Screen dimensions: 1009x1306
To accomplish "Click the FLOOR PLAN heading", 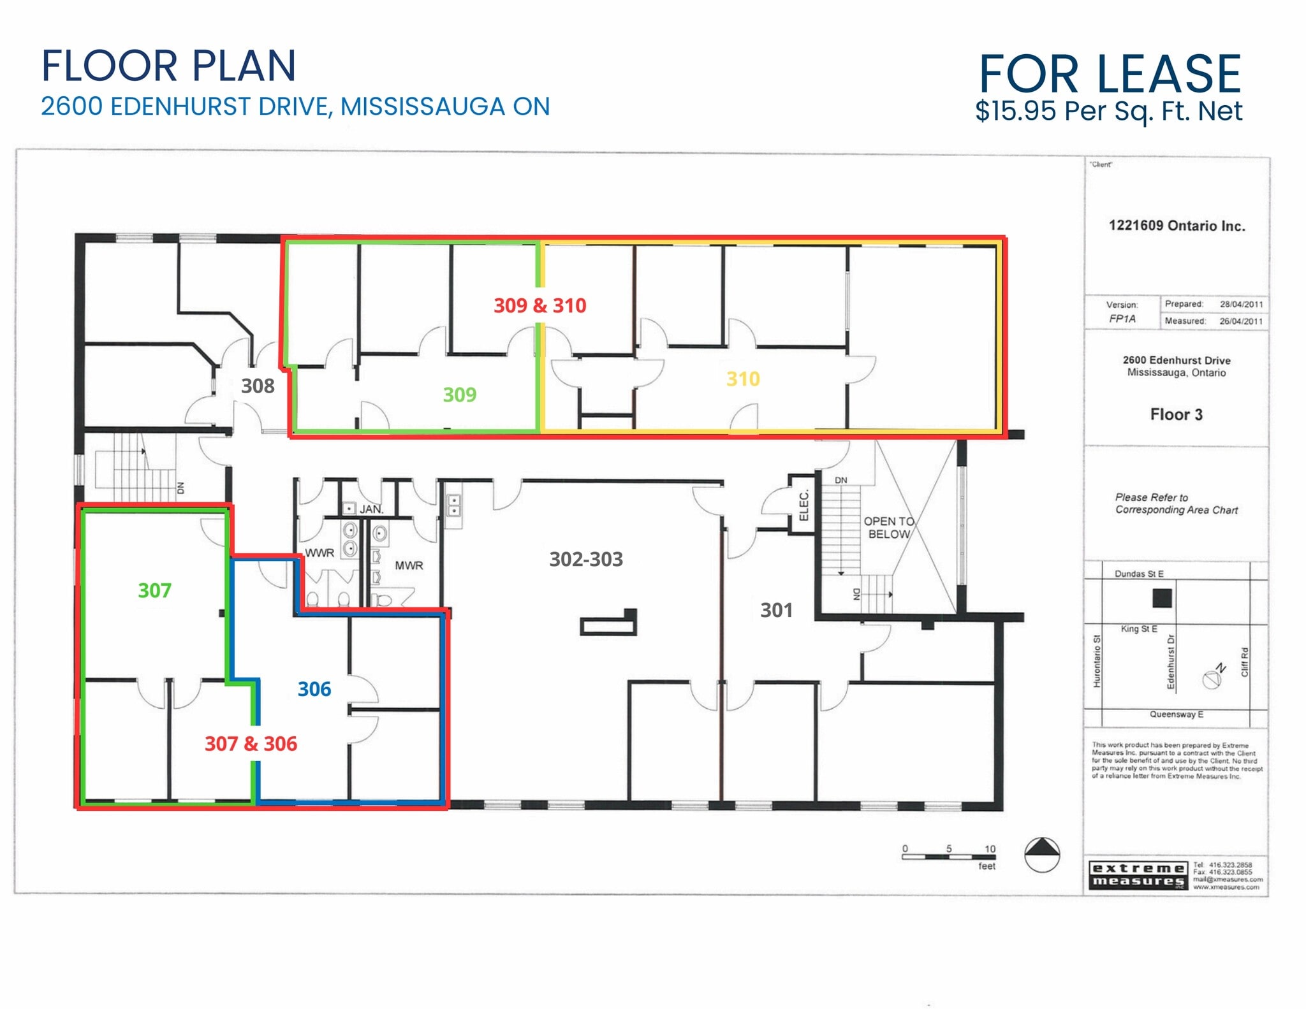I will coord(168,66).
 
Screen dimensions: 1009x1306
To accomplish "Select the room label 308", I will coord(258,386).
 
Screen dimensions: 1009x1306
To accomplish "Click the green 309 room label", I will coord(459,395).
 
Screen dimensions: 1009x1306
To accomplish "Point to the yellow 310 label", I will coord(743,379).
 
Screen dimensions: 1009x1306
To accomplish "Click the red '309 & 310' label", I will coord(539,305).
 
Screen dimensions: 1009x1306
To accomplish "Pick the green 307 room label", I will coord(154,590).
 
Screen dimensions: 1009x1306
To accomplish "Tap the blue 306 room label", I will coord(314,689).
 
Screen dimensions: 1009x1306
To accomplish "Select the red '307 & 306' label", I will coord(251,743).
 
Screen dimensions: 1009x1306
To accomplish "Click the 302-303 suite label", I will coord(585,559).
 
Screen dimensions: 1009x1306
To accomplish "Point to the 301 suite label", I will coord(776,610).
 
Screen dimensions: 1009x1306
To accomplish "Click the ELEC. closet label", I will coord(803,505).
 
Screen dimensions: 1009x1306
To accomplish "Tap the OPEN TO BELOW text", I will coord(888,528).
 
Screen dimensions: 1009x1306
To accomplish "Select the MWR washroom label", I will coord(409,565).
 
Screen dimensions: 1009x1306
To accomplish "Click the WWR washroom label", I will coord(319,553).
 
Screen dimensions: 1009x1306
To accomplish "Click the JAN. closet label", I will coord(371,509).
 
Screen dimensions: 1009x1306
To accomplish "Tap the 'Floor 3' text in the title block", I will coord(1176,414).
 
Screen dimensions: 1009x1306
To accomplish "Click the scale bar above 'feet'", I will coord(948,857).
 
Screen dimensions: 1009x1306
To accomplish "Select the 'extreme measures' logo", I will coord(1138,875).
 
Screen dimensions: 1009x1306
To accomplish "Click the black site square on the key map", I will coord(1162,598).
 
